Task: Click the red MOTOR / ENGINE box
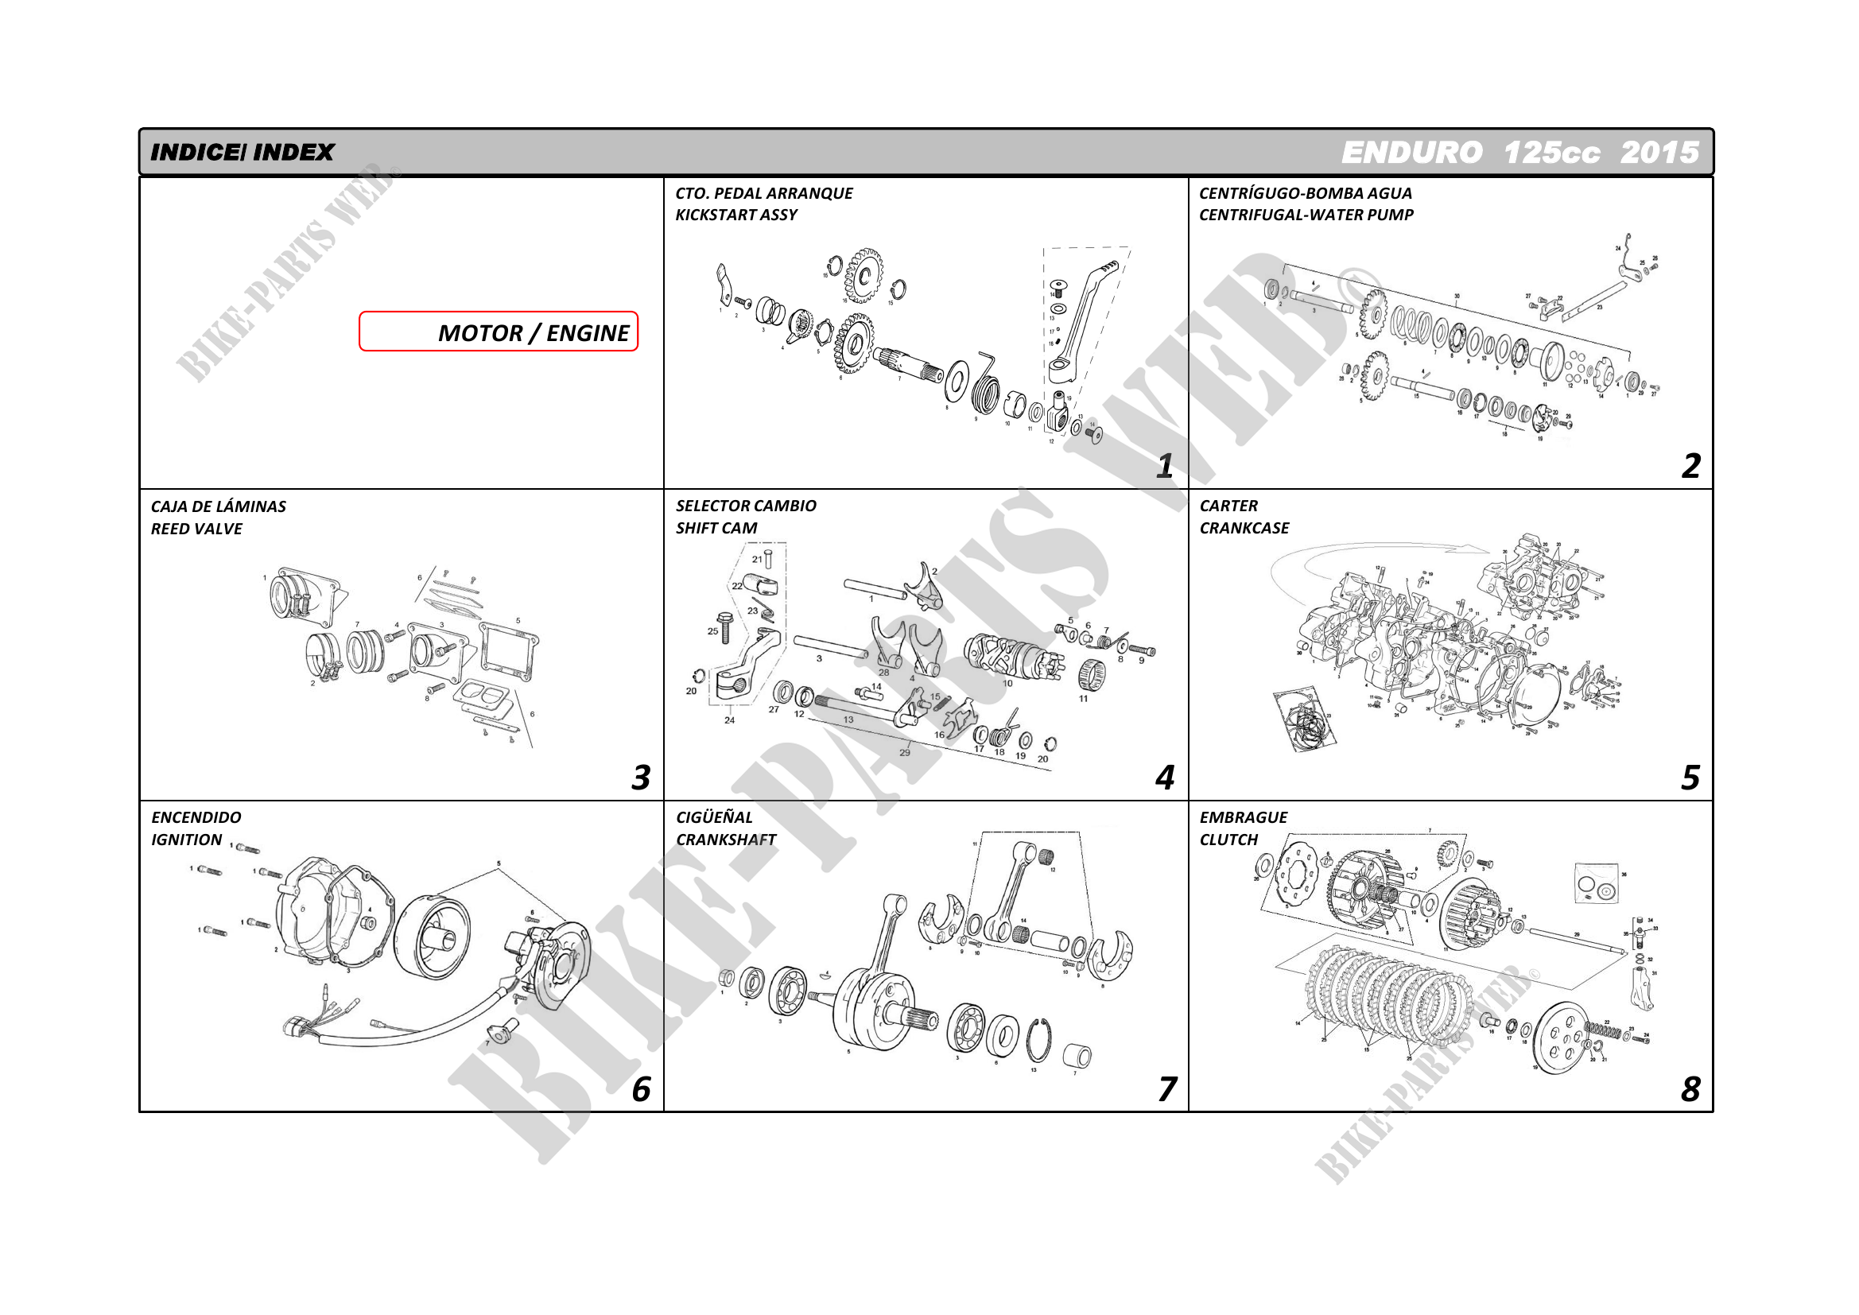498,332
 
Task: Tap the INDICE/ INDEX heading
242,152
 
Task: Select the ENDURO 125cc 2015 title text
1519,152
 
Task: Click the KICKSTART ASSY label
736,215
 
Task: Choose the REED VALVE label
196,529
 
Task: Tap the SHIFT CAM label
716,528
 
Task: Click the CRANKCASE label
1244,528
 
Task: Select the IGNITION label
186,840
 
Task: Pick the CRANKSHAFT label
725,840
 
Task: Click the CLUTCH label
1228,840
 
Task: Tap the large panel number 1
1164,466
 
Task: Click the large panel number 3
640,778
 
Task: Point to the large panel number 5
1690,778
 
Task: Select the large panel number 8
1690,1089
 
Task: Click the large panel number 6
640,1089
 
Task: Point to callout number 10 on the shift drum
1007,684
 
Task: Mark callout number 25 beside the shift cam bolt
712,630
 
